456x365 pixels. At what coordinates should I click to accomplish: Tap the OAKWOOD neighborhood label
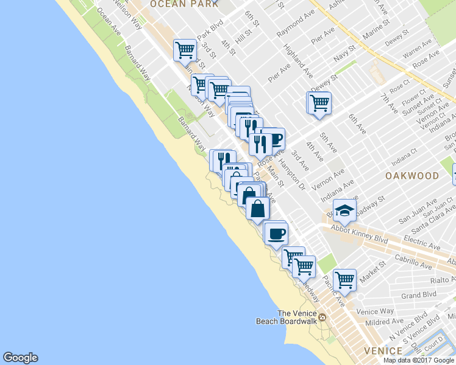tap(412, 175)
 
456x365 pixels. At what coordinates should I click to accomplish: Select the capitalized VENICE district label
tap(382, 351)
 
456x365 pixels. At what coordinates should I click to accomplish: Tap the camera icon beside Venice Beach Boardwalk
tap(322, 317)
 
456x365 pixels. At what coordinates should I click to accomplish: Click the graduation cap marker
tap(344, 210)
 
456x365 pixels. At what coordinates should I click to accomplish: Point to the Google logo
tap(20, 358)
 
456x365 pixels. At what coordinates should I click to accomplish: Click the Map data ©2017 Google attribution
tap(418, 360)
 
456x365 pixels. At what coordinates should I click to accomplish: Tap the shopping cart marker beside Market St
tap(345, 280)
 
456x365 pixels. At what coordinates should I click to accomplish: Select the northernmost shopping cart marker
tap(184, 49)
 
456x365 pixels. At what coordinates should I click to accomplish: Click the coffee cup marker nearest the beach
tap(276, 232)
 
